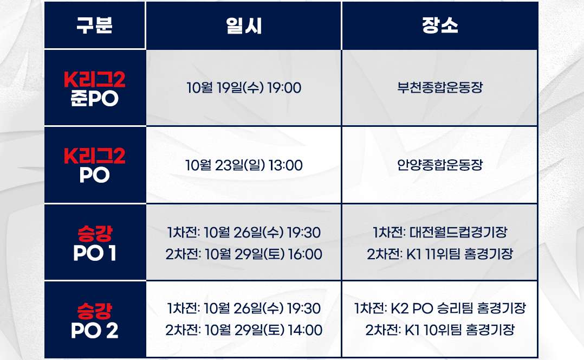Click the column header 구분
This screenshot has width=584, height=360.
[x=94, y=26]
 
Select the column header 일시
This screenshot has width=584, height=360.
[x=243, y=26]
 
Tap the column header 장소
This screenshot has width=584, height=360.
[x=439, y=26]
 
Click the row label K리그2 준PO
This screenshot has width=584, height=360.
[x=94, y=89]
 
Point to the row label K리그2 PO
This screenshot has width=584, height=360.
[x=94, y=165]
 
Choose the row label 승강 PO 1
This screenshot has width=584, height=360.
[x=94, y=243]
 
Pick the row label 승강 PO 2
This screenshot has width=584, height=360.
[x=94, y=320]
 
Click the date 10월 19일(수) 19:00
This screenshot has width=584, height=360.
[x=243, y=88]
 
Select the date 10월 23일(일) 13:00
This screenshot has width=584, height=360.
[x=243, y=165]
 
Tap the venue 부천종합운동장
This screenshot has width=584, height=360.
[x=439, y=88]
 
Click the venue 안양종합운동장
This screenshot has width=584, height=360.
[x=439, y=165]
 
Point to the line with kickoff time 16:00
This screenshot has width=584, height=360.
[x=243, y=254]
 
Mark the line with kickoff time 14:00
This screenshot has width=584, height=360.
[x=243, y=330]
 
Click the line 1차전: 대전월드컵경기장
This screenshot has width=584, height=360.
[x=439, y=233]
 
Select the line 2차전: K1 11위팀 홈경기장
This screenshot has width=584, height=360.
[x=439, y=254]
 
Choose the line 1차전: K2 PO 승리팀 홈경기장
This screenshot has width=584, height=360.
[x=439, y=309]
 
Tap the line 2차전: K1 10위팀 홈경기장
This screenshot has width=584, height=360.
[x=439, y=330]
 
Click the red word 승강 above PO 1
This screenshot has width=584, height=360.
[x=94, y=234]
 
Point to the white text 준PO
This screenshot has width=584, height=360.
[x=94, y=99]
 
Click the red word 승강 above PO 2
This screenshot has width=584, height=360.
[x=94, y=311]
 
